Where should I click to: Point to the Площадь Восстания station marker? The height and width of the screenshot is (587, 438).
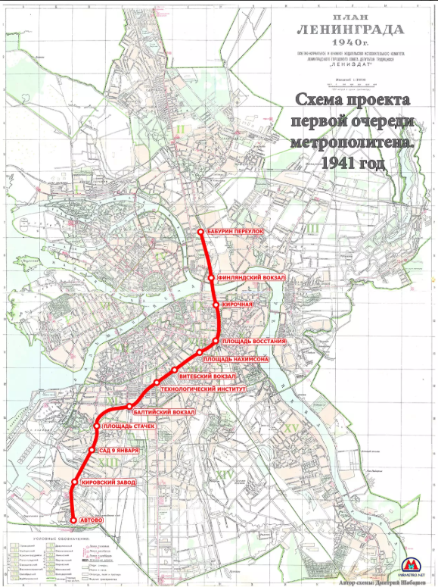tap(216, 342)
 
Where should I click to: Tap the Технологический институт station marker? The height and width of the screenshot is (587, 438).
tap(157, 382)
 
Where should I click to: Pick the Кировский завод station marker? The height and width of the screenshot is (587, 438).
tap(74, 482)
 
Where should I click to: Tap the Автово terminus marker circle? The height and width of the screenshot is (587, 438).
tap(73, 520)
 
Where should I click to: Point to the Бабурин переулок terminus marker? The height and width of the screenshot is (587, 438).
tap(200, 232)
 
